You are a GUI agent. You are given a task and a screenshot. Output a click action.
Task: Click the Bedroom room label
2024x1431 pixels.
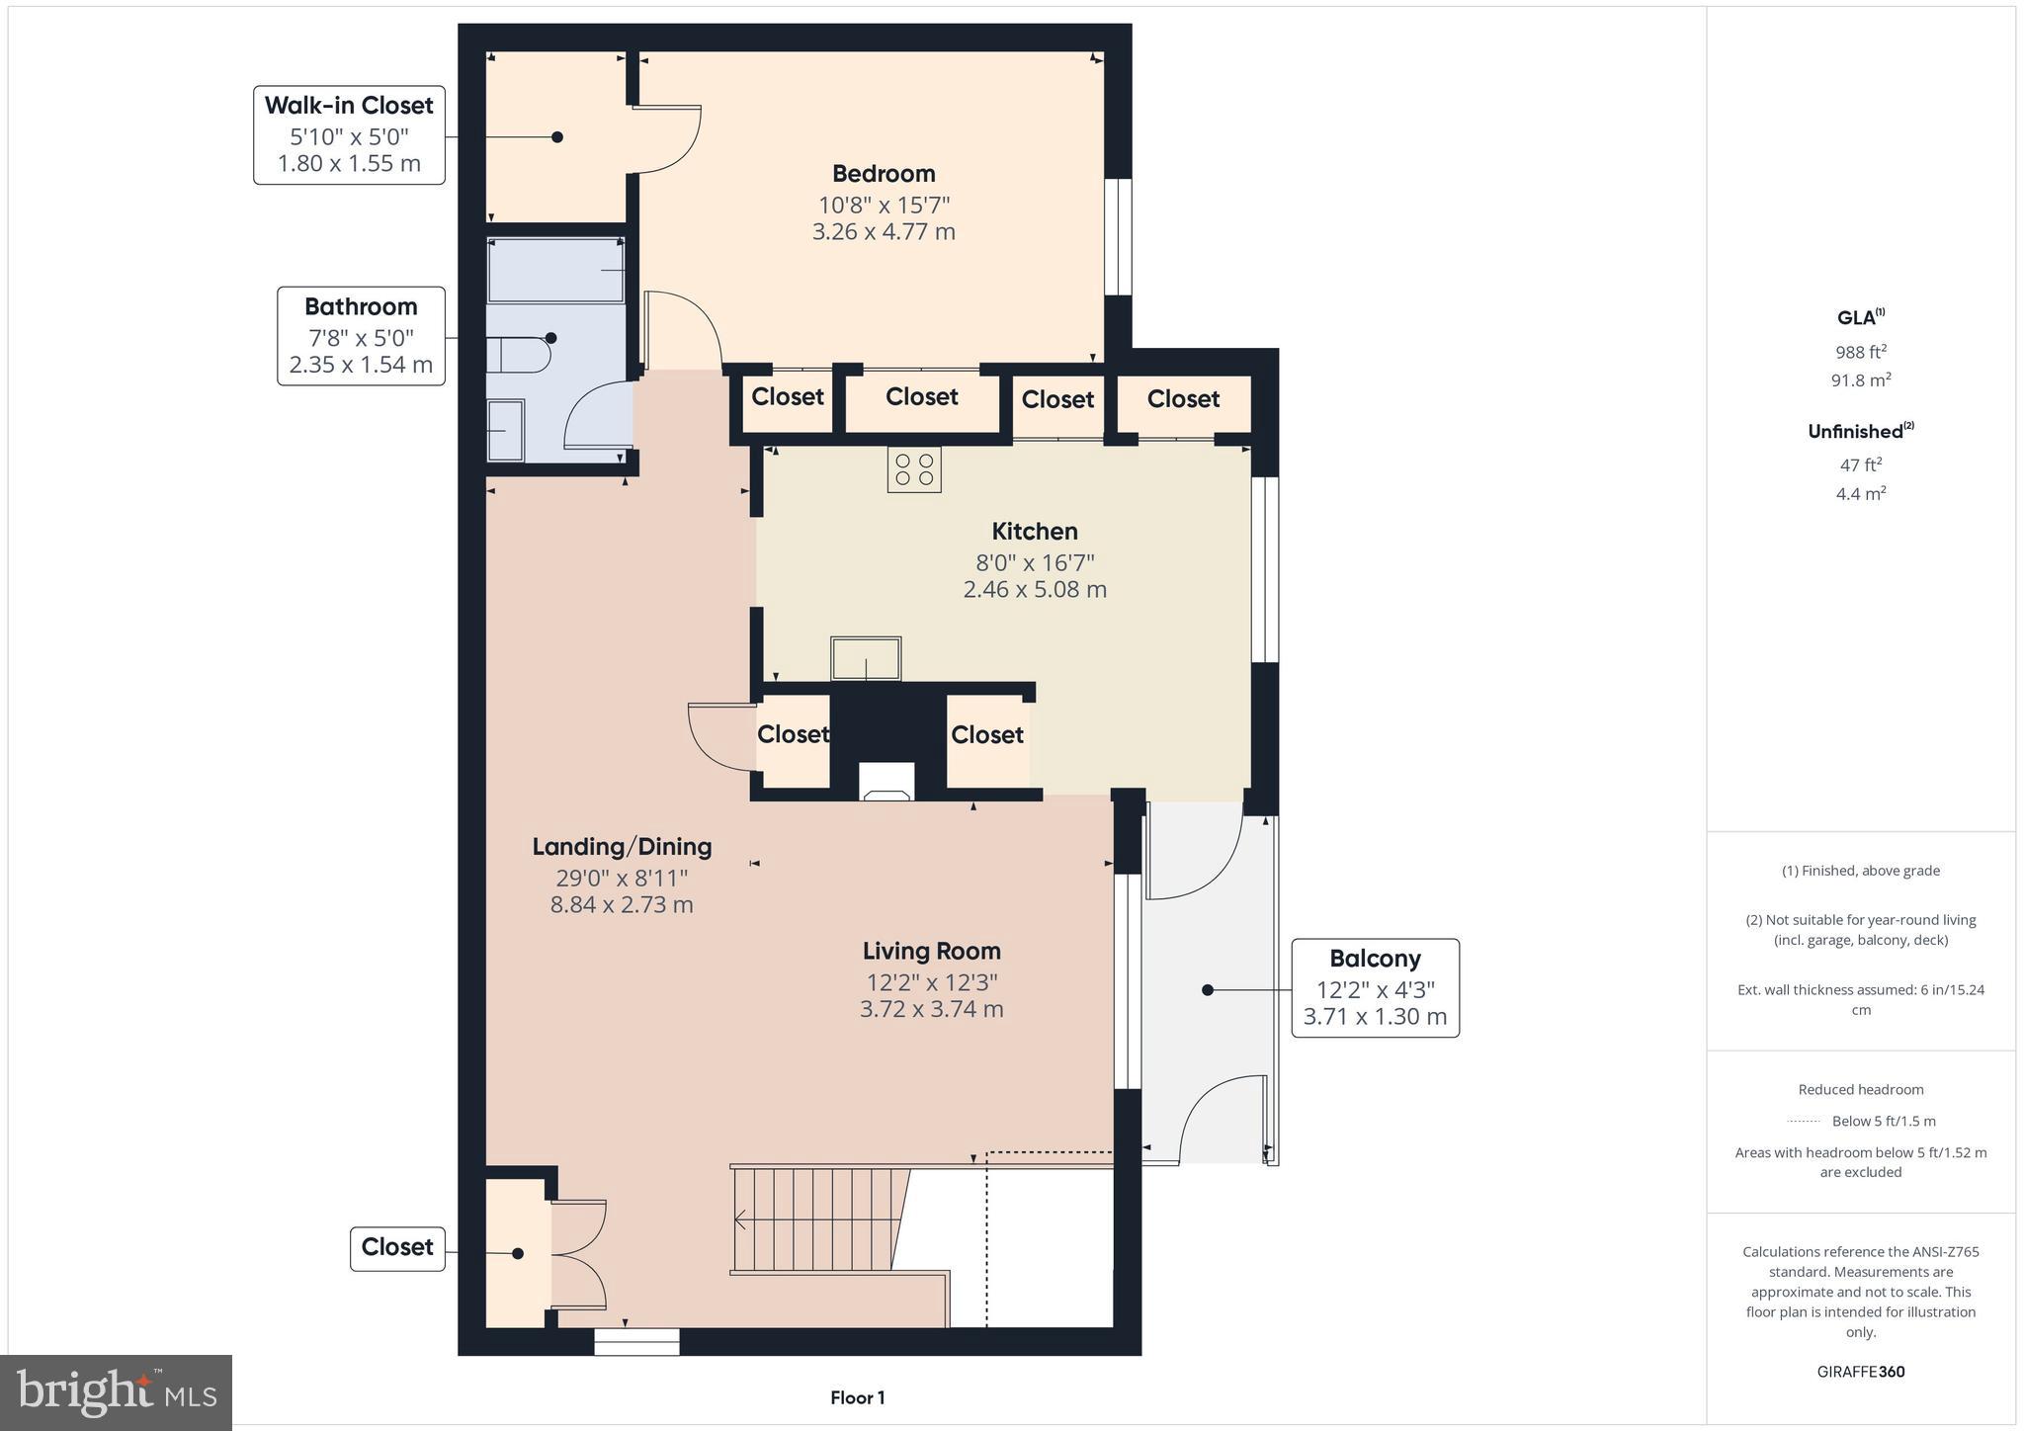coord(884,174)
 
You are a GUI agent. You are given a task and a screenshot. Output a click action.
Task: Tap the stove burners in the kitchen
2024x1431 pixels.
coord(914,469)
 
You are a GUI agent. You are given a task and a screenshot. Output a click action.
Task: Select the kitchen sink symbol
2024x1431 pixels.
coord(866,658)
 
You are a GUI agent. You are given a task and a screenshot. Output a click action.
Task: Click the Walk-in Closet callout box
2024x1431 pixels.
coord(349,135)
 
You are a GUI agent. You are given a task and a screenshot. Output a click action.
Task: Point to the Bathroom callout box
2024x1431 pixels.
coord(361,336)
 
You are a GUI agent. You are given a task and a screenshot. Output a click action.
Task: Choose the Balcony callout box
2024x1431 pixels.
coord(1375,988)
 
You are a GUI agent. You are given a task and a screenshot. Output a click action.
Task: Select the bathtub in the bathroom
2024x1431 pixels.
coord(556,270)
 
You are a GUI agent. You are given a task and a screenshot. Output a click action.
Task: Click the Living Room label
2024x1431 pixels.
coord(931,951)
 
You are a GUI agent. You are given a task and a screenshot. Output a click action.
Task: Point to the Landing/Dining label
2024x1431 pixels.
coord(622,846)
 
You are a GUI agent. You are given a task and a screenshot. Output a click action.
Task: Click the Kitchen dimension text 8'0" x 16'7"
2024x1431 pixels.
coord(1035,562)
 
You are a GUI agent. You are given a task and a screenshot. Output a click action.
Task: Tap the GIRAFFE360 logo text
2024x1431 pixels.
coord(1861,1372)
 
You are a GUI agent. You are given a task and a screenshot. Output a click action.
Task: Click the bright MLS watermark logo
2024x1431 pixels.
coord(117,1392)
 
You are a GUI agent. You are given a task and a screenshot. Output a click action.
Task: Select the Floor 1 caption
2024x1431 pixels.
coord(857,1397)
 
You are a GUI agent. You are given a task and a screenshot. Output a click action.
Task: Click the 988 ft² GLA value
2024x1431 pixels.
coord(1861,352)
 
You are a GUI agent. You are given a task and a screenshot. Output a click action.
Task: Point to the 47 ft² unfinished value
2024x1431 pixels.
coord(1861,464)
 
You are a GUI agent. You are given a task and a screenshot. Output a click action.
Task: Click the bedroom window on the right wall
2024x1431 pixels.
coord(1118,237)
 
